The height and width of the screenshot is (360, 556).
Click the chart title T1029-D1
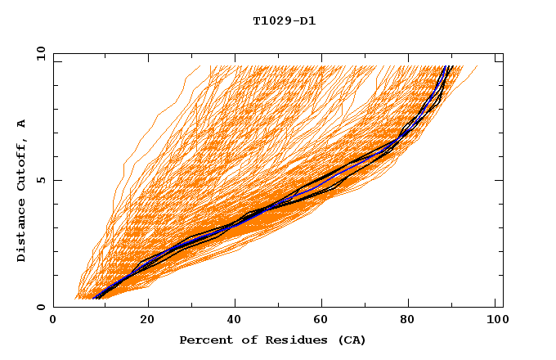284,21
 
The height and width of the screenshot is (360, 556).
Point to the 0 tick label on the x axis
53,321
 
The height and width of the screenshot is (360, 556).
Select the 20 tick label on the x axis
146,321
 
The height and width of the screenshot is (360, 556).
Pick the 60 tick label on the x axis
324,321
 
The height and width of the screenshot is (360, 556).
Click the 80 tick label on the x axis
412,321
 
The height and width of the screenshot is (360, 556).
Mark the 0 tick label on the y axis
41,307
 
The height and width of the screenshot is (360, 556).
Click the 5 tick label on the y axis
41,180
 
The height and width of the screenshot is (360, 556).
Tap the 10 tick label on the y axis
38,53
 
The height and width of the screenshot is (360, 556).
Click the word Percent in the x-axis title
204,340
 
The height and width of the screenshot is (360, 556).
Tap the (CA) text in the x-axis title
350,340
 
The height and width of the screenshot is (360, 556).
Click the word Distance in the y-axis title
22,232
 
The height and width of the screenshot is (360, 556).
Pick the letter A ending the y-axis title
22,123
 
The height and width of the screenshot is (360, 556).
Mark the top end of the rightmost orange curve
478,66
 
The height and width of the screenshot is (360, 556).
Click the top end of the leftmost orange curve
199,66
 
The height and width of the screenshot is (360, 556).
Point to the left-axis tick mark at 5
56,180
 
